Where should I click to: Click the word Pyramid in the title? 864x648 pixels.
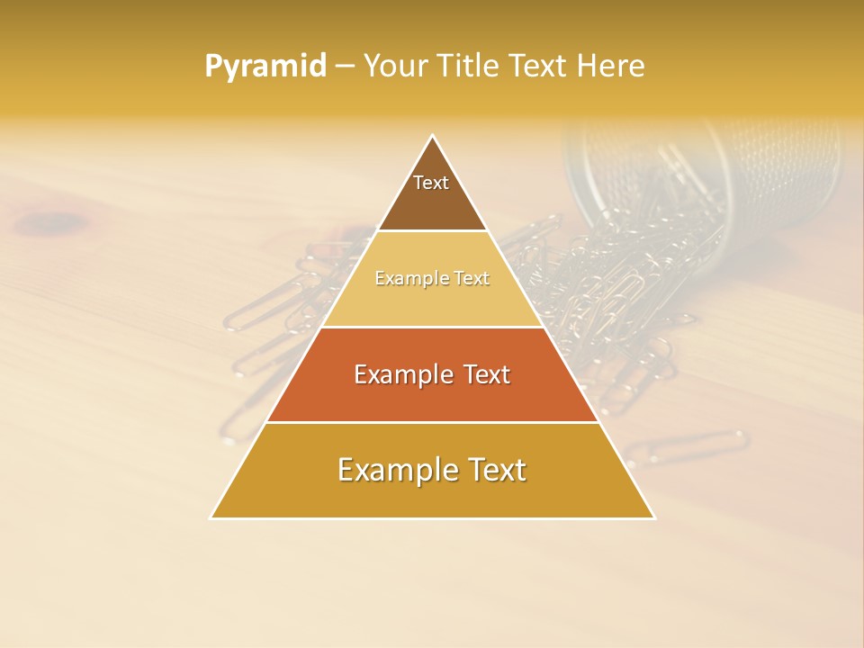pyautogui.click(x=265, y=67)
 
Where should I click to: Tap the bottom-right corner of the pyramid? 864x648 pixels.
pyautogui.click(x=653, y=517)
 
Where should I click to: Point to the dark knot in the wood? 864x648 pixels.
pyautogui.click(x=56, y=220)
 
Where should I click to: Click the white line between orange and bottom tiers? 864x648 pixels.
pyautogui.click(x=432, y=422)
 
